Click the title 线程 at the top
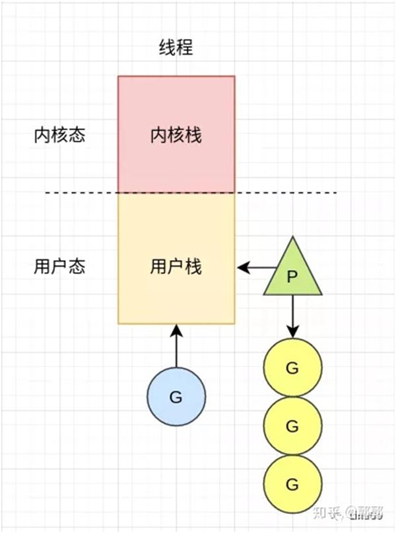[176, 48]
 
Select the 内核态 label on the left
[59, 135]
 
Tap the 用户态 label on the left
[59, 267]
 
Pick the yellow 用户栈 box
[176, 291]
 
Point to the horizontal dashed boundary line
[79, 193]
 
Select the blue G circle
[176, 397]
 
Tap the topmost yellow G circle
[292, 368]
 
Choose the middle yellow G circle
[292, 426]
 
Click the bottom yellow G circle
[292, 484]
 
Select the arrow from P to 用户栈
[257, 267]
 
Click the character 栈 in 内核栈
[193, 135]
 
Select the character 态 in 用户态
[77, 267]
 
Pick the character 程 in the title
[185, 48]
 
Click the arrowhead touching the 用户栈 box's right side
[242, 267]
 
